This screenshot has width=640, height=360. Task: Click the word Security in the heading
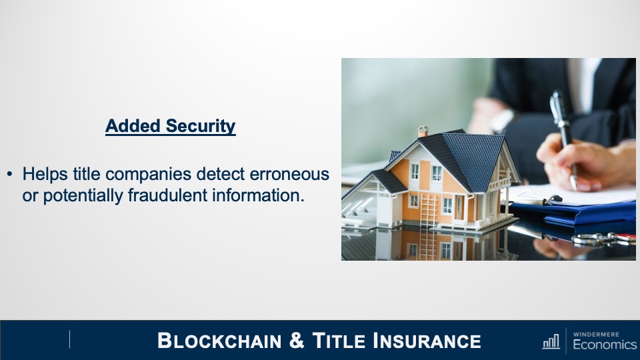click(201, 126)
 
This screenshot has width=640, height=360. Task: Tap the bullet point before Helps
click(10, 174)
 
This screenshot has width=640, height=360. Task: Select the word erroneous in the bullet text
click(289, 174)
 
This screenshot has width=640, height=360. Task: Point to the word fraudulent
click(168, 195)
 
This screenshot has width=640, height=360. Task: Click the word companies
click(149, 175)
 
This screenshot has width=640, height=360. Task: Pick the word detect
click(221, 174)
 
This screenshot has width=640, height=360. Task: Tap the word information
click(259, 195)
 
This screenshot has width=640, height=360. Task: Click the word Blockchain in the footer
click(219, 341)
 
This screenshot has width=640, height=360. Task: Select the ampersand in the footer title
click(297, 341)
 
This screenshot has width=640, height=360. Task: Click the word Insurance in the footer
click(427, 341)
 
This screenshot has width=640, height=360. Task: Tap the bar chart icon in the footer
click(551, 341)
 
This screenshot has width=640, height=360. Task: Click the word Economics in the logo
click(605, 345)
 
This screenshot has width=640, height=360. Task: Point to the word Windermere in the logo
click(596, 334)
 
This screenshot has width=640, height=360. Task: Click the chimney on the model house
click(423, 131)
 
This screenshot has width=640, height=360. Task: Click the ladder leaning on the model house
click(429, 210)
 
